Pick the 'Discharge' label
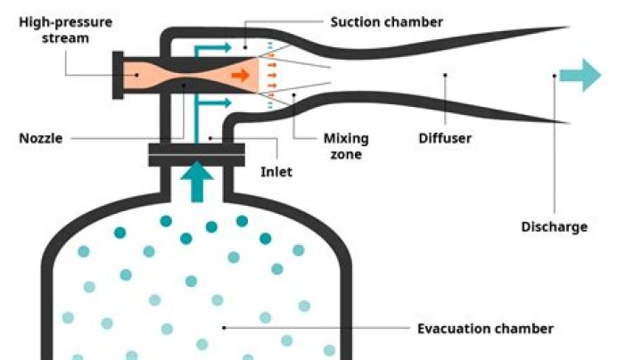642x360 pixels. click(x=554, y=226)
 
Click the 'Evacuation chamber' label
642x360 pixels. click(x=485, y=329)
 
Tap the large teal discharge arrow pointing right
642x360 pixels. click(x=580, y=75)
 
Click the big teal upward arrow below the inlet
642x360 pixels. click(x=199, y=181)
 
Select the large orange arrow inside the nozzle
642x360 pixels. click(x=240, y=76)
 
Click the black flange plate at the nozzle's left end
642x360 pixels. click(x=118, y=76)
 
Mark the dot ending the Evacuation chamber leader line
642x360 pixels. click(x=224, y=328)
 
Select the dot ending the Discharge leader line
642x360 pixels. click(x=554, y=76)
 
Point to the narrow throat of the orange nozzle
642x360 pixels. click(x=182, y=76)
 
